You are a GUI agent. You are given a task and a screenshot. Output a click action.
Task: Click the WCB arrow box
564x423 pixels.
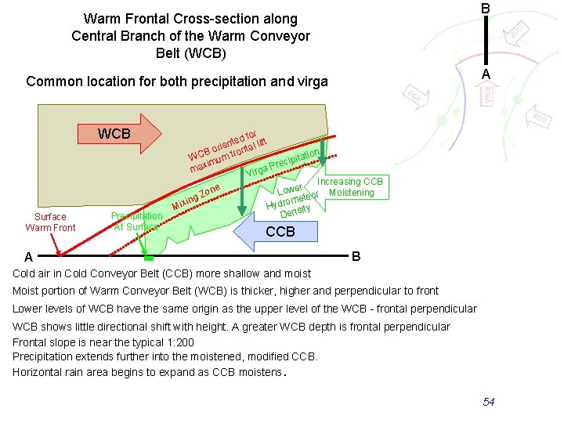pyautogui.click(x=115, y=133)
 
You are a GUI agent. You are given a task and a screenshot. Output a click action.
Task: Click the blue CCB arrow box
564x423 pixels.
pyautogui.click(x=278, y=231)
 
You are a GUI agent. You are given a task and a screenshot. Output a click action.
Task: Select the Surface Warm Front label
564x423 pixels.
pyautogui.click(x=51, y=222)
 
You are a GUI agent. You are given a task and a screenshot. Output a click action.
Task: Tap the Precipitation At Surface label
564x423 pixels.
pyautogui.click(x=136, y=222)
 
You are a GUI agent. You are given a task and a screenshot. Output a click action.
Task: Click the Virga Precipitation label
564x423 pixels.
pyautogui.click(x=282, y=161)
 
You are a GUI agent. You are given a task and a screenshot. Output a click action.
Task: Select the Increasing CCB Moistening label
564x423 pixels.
pyautogui.click(x=350, y=187)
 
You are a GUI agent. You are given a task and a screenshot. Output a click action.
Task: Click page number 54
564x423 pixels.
pyautogui.click(x=489, y=402)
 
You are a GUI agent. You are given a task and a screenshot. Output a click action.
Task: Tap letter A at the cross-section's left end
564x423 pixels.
pyautogui.click(x=28, y=257)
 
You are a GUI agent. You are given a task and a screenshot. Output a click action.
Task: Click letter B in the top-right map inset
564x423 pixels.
pyautogui.click(x=486, y=8)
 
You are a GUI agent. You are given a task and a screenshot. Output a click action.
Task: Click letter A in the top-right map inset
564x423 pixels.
pyautogui.click(x=486, y=74)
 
